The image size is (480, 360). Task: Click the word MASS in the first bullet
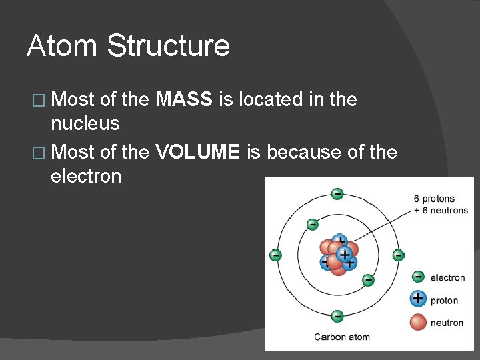[184, 100]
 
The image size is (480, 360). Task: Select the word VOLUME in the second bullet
[197, 152]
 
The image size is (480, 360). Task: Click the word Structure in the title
[168, 46]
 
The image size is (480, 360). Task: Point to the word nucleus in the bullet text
[85, 123]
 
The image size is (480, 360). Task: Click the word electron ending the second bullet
[85, 176]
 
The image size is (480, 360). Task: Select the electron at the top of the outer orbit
[337, 194]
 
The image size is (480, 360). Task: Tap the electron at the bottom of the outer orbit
[337, 316]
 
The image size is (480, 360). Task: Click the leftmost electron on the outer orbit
[275, 255]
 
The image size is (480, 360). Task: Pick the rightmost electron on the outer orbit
[398, 255]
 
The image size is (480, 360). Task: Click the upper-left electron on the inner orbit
[311, 225]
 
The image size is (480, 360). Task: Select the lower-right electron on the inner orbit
[367, 281]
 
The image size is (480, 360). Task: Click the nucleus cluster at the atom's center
[339, 255]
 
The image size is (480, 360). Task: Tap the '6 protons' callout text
[433, 199]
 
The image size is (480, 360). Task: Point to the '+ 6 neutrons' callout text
[441, 210]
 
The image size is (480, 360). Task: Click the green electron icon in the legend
[418, 277]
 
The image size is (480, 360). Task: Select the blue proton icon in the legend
[418, 299]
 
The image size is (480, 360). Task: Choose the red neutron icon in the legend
[418, 322]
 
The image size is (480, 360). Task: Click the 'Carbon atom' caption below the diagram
[342, 337]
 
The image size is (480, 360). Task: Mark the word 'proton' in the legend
[444, 300]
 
